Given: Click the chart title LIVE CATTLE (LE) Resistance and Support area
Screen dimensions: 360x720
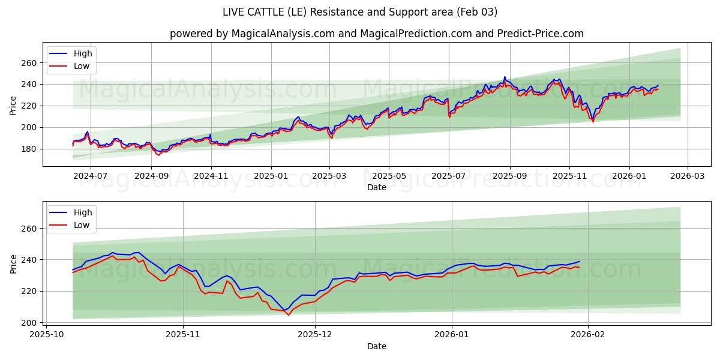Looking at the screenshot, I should [360, 12].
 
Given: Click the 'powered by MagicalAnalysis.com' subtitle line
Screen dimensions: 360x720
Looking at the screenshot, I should [376, 34].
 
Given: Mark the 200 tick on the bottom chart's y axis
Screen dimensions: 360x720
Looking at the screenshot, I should [29, 323].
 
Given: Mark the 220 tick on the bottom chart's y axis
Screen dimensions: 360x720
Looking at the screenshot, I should [29, 291].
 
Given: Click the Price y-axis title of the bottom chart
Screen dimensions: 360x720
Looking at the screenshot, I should [13, 263].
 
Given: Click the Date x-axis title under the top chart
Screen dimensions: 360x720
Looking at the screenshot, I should [376, 188].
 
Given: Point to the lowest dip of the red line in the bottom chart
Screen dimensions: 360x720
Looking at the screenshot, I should [288, 314].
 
